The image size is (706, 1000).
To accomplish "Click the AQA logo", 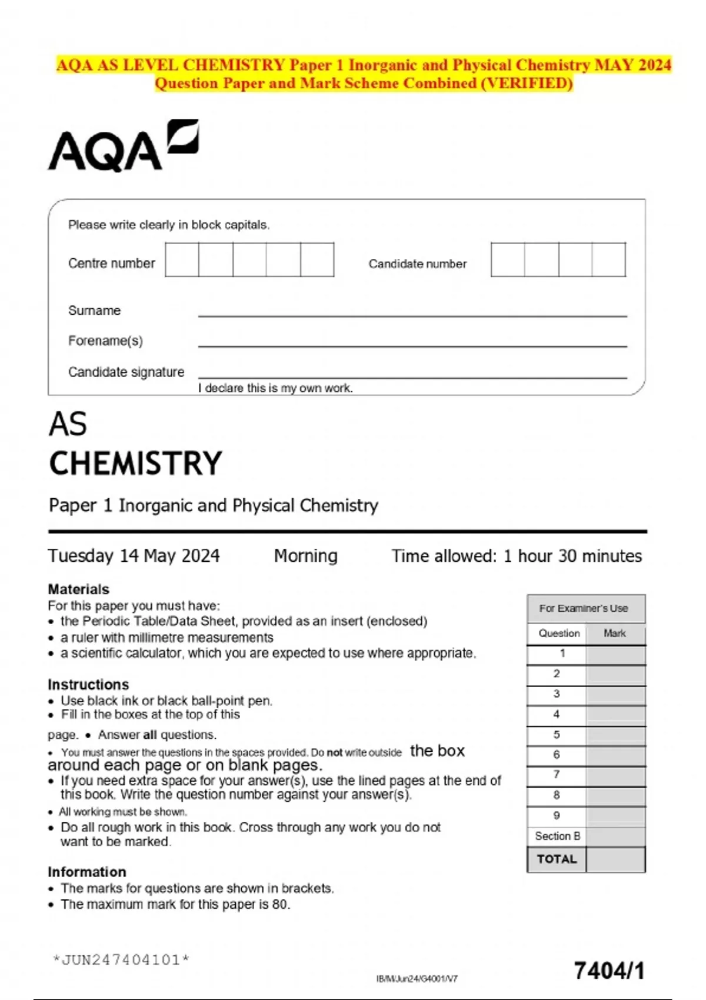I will pyautogui.click(x=123, y=146).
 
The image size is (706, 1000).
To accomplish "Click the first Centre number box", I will pyautogui.click(x=182, y=259).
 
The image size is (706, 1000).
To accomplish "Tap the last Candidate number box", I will pyautogui.click(x=609, y=259).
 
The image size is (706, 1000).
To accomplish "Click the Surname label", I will pyautogui.click(x=94, y=311).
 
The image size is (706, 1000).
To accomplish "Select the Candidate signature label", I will pyautogui.click(x=126, y=372).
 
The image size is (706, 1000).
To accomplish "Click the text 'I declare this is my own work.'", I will pyautogui.click(x=275, y=388).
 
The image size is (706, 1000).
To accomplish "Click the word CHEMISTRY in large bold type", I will pyautogui.click(x=135, y=464).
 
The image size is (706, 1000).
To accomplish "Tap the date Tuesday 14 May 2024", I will pyautogui.click(x=134, y=556).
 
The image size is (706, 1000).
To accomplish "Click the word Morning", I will pyautogui.click(x=305, y=556).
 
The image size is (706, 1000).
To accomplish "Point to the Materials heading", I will pyautogui.click(x=78, y=589).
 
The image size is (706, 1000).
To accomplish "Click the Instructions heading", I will pyautogui.click(x=88, y=685).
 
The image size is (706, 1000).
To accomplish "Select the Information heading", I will pyautogui.click(x=87, y=872).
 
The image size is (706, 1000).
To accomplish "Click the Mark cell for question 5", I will pyautogui.click(x=615, y=735).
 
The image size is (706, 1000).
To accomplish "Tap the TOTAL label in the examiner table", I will pyautogui.click(x=557, y=859).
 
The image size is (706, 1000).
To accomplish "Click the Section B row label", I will pyautogui.click(x=557, y=836).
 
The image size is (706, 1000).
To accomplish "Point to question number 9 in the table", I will pyautogui.click(x=557, y=815).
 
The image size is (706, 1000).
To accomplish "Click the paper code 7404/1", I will pyautogui.click(x=609, y=971).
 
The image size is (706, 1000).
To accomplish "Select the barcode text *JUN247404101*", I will pyautogui.click(x=121, y=960).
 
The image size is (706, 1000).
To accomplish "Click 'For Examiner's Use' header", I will pyautogui.click(x=584, y=608).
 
